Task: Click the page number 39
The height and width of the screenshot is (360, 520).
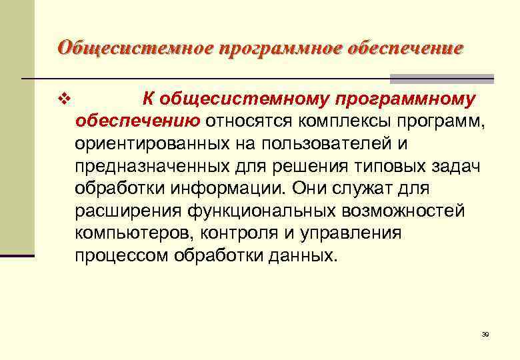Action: pyautogui.click(x=485, y=334)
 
